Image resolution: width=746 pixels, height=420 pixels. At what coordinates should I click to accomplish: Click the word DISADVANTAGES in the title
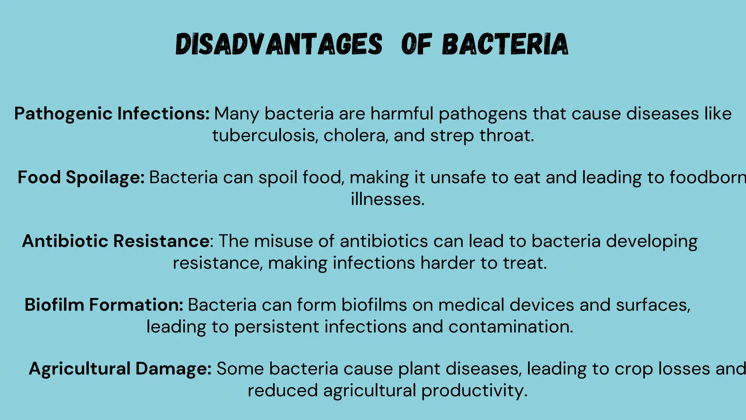[x=279, y=44]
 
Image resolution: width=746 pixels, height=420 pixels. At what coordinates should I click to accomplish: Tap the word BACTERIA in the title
[x=505, y=44]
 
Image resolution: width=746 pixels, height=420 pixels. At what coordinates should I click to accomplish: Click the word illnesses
[x=388, y=199]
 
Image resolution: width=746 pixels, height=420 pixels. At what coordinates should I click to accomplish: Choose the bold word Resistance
[x=161, y=241]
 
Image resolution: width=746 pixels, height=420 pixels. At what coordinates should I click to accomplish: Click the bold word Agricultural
[x=79, y=369]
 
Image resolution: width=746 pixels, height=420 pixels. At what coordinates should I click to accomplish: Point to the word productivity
[x=474, y=390]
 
